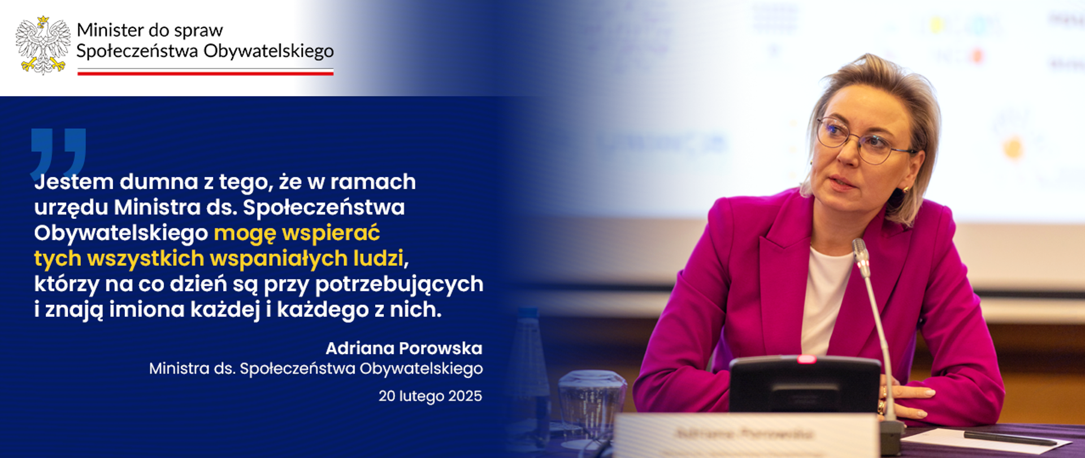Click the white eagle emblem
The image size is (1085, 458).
[43, 45]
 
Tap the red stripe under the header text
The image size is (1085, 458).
[205, 74]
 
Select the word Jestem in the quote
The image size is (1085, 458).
[74, 182]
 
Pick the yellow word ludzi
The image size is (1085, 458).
[379, 258]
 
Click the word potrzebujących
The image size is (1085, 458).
[399, 284]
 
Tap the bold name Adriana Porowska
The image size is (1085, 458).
[403, 348]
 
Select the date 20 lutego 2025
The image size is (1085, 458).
[430, 396]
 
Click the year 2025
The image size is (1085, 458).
[465, 396]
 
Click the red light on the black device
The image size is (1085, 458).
[806, 360]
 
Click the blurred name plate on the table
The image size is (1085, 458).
[745, 435]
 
